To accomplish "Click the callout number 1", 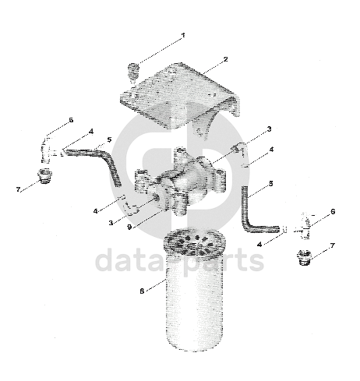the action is coord(183,35).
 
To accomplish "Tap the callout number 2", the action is coord(225,59).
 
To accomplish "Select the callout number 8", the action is coord(142,291).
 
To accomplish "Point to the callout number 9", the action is coord(129,227).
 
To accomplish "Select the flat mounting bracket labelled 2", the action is coord(180,96).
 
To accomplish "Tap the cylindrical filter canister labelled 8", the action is coord(194,290).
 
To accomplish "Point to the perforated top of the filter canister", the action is coord(194,241).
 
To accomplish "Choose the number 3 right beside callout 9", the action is coord(111,223).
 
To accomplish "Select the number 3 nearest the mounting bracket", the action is coord(269,129).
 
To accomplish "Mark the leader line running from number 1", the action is coord(159,51).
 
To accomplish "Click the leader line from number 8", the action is coord(156,285).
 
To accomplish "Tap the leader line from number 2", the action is coord(212,68).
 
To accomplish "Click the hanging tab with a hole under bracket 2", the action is coord(203,128).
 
